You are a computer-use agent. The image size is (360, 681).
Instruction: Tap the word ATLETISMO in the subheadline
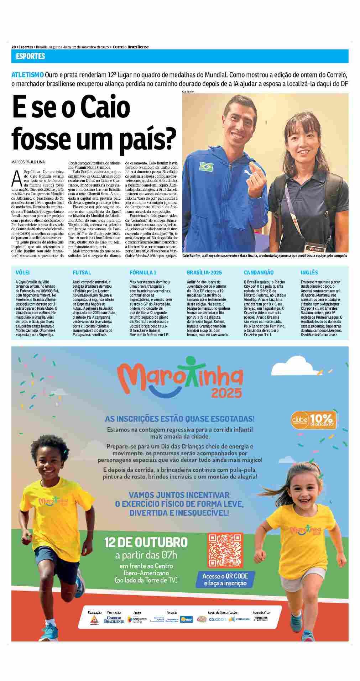pyautogui.click(x=28, y=75)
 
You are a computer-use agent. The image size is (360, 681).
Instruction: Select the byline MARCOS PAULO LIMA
pyautogui.click(x=28, y=162)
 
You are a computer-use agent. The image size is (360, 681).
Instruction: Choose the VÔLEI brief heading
pyautogui.click(x=23, y=272)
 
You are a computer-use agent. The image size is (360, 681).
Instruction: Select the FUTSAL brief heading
pyautogui.click(x=82, y=272)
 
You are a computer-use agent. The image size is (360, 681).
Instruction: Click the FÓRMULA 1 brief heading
pyautogui.click(x=143, y=272)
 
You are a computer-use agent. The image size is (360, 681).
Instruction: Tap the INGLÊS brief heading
pyautogui.click(x=309, y=272)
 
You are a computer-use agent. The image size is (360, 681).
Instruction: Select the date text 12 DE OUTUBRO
pyautogui.click(x=146, y=543)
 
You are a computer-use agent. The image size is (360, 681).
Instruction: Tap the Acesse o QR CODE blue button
pyautogui.click(x=225, y=580)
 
